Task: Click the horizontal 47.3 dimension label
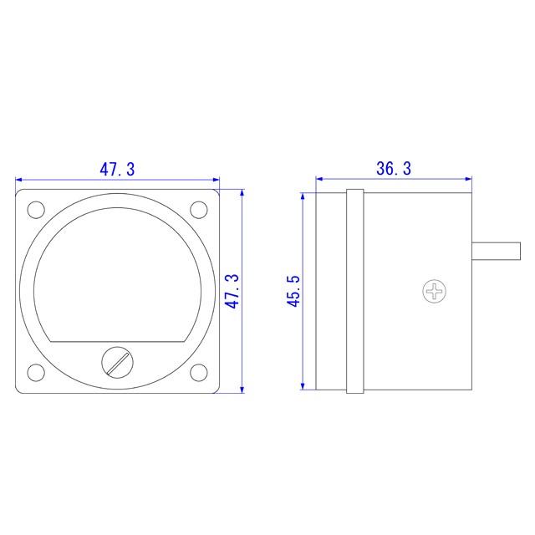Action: point(117,170)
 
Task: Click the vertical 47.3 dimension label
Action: point(234,292)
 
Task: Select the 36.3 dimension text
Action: point(394,169)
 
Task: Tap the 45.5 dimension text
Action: point(293,291)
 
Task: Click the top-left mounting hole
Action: point(36,210)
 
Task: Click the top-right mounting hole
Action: point(199,210)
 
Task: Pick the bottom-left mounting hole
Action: point(36,373)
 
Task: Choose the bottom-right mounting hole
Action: point(199,373)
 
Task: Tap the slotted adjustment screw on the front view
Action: point(117,362)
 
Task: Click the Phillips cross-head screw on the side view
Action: point(435,292)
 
